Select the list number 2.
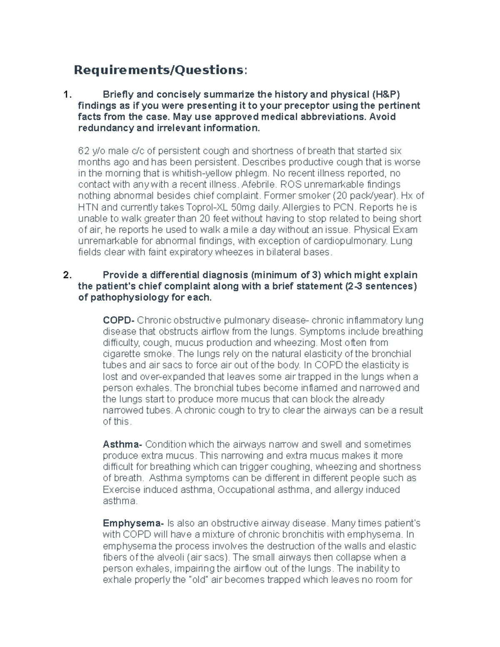coord(66,275)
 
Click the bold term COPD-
coord(118,320)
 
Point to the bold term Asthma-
coord(123,444)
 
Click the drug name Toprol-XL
coord(207,207)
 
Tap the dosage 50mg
coord(242,207)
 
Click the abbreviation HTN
coord(87,207)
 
